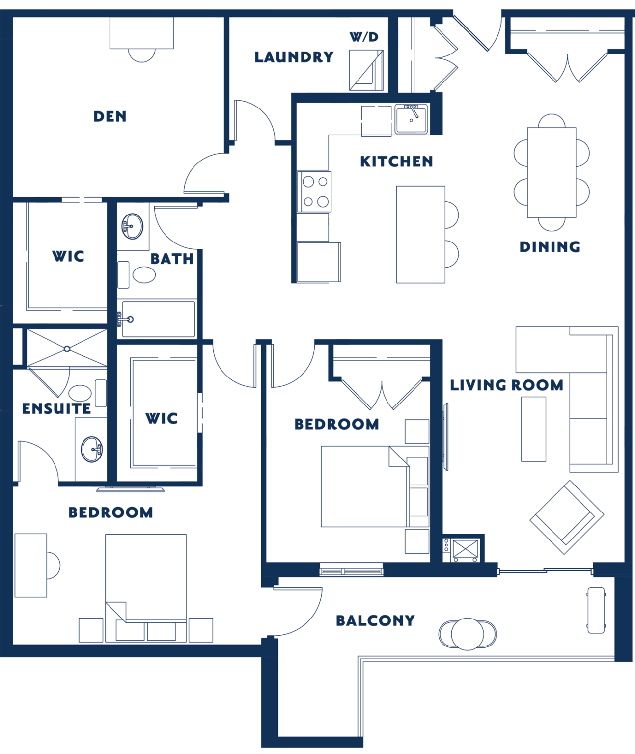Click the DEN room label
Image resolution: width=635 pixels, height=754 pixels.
point(110,116)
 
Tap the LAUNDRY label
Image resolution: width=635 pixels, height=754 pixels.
point(294,57)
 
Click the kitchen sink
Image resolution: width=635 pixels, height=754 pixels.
point(411,118)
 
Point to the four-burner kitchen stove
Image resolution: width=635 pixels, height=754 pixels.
point(314,191)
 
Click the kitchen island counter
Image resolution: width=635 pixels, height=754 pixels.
point(420,234)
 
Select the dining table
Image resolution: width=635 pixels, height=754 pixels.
point(552,172)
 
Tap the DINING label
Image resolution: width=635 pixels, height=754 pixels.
point(550,246)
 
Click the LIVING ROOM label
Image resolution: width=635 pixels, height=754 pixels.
point(506,385)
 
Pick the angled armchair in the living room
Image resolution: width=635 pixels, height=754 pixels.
point(566,517)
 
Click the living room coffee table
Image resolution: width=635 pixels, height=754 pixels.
point(533,429)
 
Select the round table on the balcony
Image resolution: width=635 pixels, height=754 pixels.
point(468,634)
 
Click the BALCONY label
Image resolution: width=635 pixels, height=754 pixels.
point(375,620)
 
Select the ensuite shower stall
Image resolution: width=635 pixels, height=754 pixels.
point(67,348)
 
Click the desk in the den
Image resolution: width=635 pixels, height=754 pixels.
point(141,33)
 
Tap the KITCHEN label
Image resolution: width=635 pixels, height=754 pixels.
point(396,162)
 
